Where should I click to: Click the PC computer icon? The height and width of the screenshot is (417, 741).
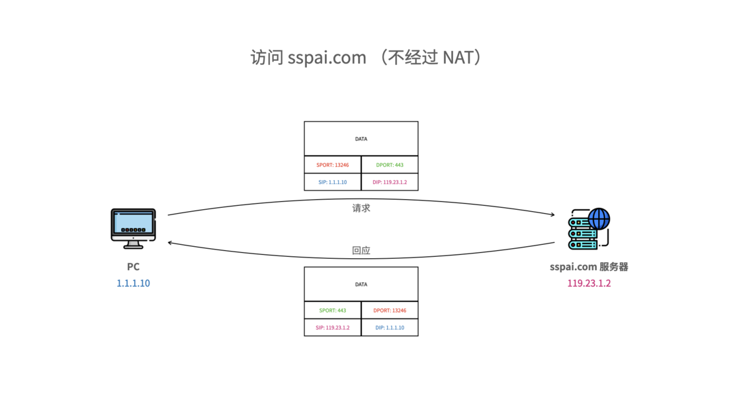[x=133, y=228]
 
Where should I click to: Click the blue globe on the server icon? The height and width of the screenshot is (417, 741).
[x=599, y=218]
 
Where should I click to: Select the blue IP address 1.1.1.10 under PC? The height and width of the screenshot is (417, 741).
[x=133, y=283]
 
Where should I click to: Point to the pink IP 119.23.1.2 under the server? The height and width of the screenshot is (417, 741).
[x=589, y=283]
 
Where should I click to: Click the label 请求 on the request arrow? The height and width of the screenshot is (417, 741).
[x=361, y=208]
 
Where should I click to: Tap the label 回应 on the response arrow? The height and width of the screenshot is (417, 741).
[x=361, y=251]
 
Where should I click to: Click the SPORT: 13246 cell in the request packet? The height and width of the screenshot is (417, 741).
[x=333, y=165]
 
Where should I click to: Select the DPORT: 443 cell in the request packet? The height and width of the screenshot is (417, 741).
[x=390, y=165]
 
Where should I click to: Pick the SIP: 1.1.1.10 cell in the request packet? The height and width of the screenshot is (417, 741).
[x=333, y=182]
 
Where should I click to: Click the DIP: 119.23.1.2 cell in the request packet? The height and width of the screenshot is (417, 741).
[x=390, y=182]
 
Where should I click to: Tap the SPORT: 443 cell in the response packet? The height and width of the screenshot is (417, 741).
[x=333, y=310]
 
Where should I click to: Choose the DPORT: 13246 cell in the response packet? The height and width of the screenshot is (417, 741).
[x=390, y=310]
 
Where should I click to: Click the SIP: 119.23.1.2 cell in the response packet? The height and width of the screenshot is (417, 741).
[x=333, y=328]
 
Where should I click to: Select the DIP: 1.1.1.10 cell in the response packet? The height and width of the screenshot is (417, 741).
[x=390, y=328]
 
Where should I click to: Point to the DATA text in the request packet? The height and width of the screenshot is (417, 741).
[x=361, y=139]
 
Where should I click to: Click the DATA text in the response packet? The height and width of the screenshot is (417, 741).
[x=361, y=285]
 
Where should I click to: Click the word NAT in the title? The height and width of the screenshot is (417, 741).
[x=458, y=58]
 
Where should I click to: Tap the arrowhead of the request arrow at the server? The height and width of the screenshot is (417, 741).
[x=552, y=214]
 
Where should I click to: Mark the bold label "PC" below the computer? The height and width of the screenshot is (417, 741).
[x=133, y=267]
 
